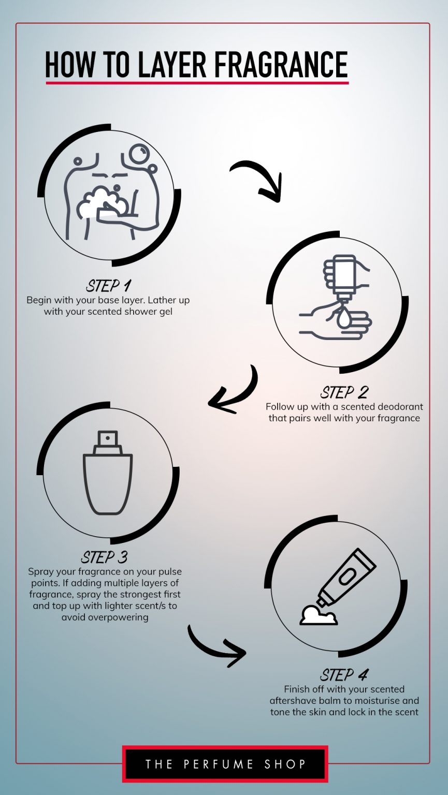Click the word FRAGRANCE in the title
pyautogui.click(x=280, y=65)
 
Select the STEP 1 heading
pyautogui.click(x=108, y=285)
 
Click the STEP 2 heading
pyautogui.click(x=344, y=392)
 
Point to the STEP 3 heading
pyautogui.click(x=104, y=557)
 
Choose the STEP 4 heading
pyautogui.click(x=344, y=674)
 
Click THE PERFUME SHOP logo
pyautogui.click(x=225, y=764)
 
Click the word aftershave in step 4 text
pyautogui.click(x=293, y=700)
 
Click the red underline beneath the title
pyautogui.click(x=197, y=82)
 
